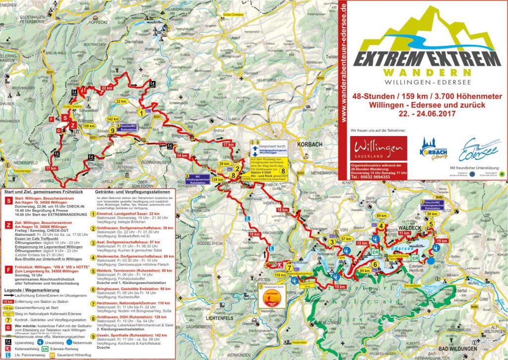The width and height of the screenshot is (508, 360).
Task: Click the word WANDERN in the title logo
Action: coord(423,72)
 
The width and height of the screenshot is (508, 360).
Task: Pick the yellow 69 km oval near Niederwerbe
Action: coord(381,216)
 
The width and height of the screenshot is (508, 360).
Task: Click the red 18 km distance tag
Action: coord(282,210)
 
